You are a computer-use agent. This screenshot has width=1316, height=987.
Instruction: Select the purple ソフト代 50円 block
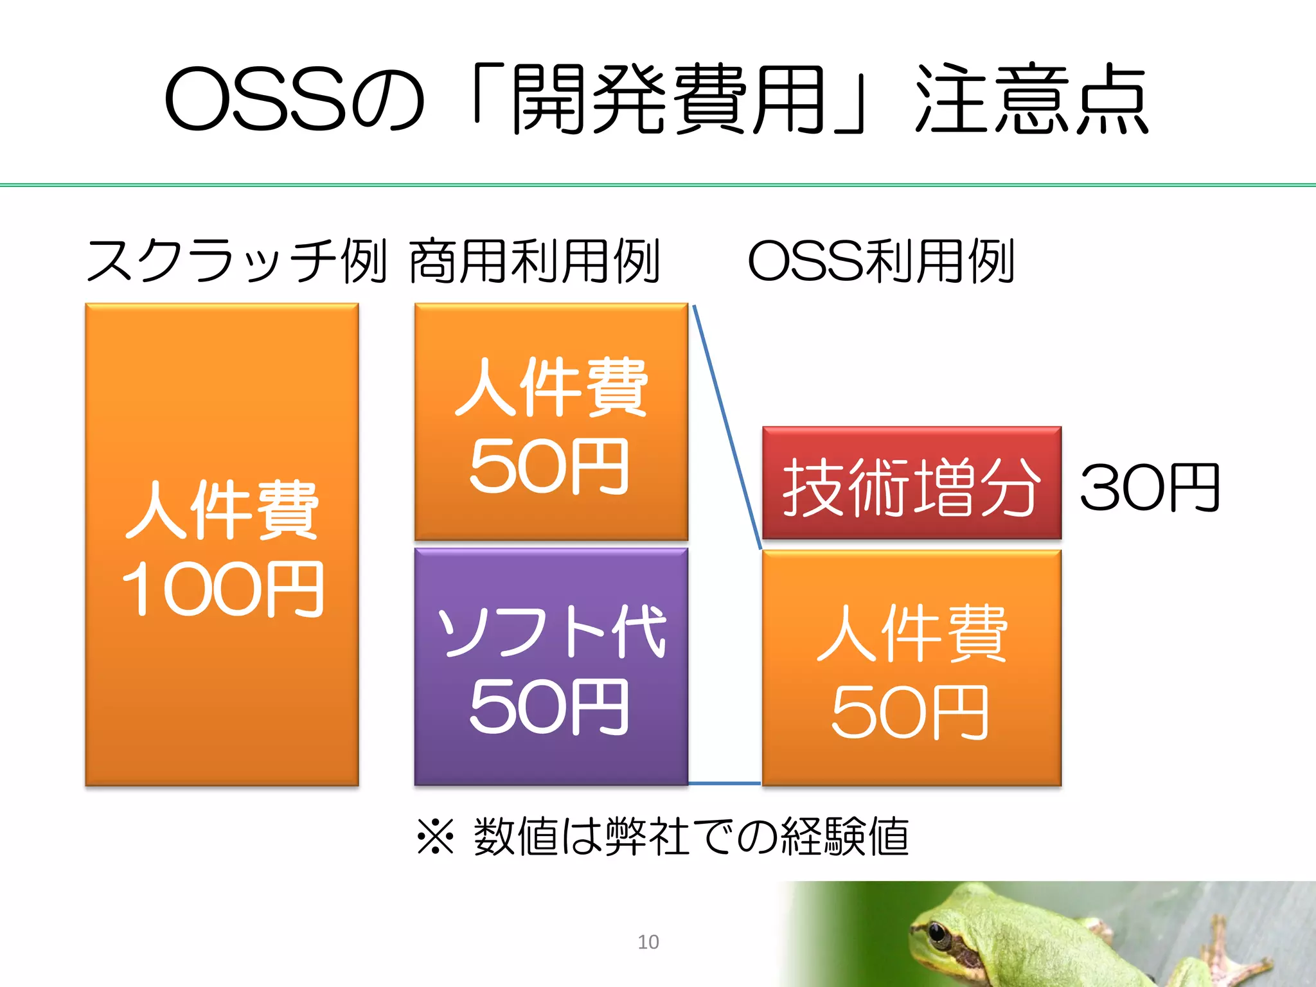[551, 666]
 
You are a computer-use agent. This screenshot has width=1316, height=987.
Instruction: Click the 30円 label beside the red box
[1149, 488]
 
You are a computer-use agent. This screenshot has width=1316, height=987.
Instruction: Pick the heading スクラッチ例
[236, 261]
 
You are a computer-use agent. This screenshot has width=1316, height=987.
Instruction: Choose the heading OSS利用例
[880, 261]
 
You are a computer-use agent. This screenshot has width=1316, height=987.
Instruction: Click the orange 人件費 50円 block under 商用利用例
[551, 422]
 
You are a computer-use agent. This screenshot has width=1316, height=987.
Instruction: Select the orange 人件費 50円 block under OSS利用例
[911, 668]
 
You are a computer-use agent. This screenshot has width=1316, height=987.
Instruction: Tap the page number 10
[648, 942]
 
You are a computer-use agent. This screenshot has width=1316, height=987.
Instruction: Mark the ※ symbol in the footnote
[436, 837]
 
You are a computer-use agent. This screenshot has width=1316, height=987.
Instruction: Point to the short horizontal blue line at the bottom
[724, 784]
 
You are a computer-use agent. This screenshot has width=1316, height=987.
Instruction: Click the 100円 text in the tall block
[222, 589]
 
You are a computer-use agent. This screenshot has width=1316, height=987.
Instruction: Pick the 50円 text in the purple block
[548, 707]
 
